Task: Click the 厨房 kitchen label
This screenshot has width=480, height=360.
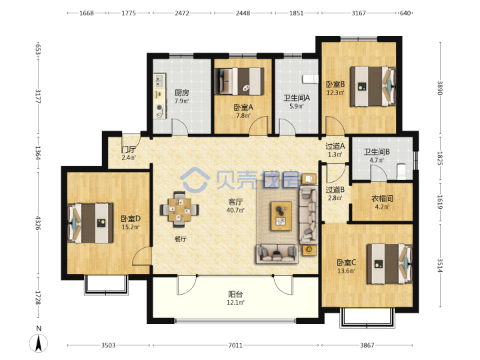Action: [x=181, y=93]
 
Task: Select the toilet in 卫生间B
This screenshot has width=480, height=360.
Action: [x=401, y=171]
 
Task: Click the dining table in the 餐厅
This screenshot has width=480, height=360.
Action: [x=179, y=209]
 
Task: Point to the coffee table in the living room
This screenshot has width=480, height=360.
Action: [x=281, y=216]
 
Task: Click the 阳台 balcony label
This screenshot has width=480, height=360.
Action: [x=235, y=295]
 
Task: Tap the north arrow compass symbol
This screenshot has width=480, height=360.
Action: [x=39, y=342]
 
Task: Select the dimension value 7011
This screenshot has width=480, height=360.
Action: [x=235, y=345]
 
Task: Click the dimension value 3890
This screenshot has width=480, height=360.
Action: [x=439, y=88]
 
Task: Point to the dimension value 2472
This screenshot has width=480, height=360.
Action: [x=182, y=13]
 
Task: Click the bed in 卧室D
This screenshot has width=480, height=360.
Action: [x=90, y=223]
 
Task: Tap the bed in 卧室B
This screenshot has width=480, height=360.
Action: [x=373, y=86]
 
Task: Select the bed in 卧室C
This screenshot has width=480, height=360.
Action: [x=389, y=264]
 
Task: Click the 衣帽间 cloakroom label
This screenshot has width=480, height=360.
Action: [x=382, y=199]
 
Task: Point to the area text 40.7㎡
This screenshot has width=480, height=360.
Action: [x=235, y=210]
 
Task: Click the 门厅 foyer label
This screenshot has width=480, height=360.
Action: [x=129, y=149]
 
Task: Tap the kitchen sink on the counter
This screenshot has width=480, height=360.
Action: [x=159, y=81]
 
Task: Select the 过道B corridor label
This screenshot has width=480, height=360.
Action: [x=335, y=190]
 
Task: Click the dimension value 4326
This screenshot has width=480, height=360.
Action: [x=38, y=223]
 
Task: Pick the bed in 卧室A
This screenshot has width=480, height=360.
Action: [x=239, y=81]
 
